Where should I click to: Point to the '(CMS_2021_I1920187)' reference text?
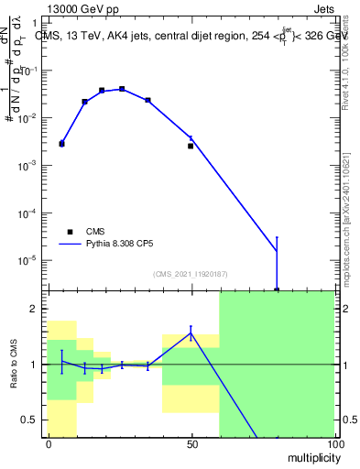191,274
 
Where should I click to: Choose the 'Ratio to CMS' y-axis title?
15,364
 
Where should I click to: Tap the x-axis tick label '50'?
192,443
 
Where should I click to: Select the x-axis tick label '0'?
49,443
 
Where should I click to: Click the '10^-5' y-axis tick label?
30,260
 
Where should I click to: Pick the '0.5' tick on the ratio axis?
32,420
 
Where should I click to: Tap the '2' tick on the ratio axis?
35,309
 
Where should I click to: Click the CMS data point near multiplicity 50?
191,146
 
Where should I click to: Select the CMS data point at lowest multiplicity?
61,144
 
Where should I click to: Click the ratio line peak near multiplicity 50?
191,333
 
